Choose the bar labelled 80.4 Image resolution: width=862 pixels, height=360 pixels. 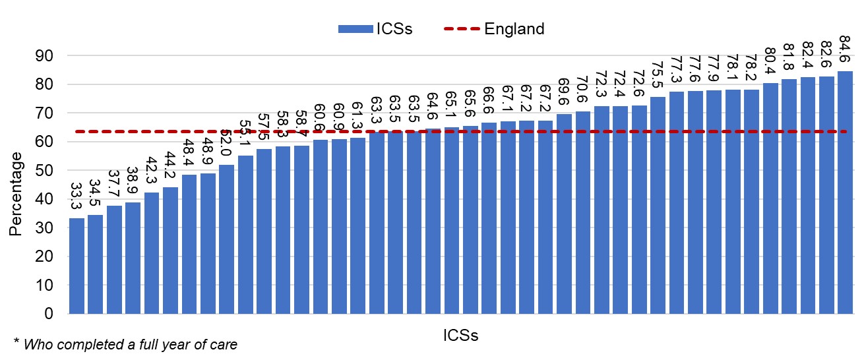(x=770, y=198)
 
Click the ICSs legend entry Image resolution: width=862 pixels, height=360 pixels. (x=375, y=29)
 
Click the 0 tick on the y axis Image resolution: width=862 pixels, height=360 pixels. (x=49, y=314)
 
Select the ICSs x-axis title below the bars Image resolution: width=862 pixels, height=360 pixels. (x=460, y=335)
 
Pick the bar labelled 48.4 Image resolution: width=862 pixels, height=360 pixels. (x=189, y=244)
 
